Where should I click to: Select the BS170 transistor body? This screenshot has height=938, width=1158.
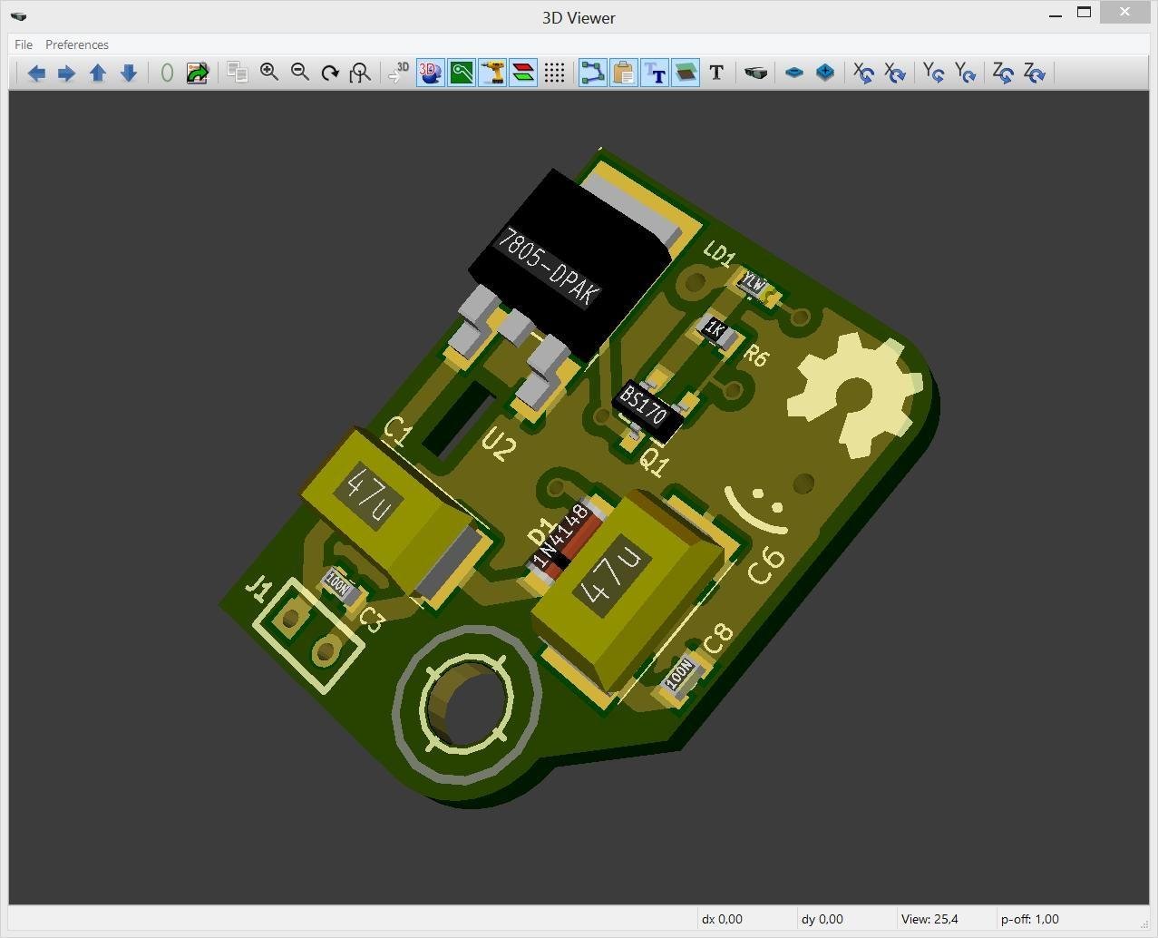tap(645, 409)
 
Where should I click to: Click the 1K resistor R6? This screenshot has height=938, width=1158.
tap(715, 330)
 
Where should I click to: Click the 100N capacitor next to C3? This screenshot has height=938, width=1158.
tap(338, 587)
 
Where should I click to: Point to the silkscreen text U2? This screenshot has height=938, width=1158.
tap(499, 445)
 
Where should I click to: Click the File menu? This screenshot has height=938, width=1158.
tap(24, 44)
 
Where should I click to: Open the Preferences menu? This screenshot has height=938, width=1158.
tap(77, 44)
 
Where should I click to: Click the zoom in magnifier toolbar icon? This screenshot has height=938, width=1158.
tap(269, 73)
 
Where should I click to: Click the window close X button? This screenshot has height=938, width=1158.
tap(1124, 13)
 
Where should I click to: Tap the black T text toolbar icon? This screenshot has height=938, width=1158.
tap(716, 73)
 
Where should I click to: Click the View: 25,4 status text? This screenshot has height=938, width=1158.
tap(929, 919)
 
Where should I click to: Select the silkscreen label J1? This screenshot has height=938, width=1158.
tap(258, 591)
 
